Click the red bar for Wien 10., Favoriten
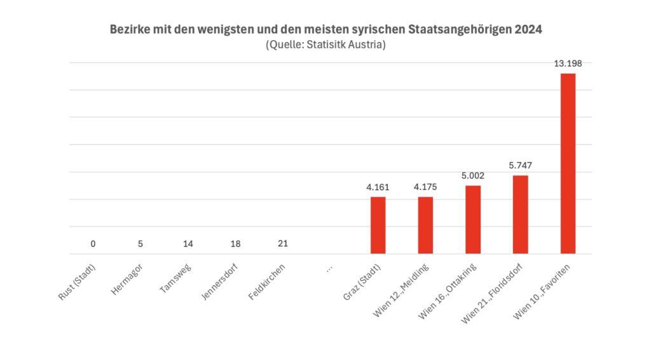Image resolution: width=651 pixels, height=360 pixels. coord(567,163)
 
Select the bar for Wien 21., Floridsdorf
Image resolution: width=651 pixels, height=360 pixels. coord(520,214)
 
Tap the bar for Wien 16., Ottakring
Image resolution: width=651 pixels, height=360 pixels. coord(473,219)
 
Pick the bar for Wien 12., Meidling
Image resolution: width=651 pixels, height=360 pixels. coord(425,225)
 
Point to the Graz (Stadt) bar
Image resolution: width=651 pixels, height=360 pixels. coord(378,225)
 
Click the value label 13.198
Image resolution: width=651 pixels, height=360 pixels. coord(568,63)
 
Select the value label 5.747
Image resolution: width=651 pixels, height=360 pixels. coord(520,165)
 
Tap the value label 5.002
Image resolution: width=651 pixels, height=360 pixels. coord(473,176)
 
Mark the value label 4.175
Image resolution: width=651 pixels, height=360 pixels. coord(425,187)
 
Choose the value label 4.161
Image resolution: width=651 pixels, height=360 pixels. coord(378,187)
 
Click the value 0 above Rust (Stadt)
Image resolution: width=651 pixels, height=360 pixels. coord(93,244)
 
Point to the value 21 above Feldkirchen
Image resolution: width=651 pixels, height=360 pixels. coord(283,244)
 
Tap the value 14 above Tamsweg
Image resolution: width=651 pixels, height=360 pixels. coord(188,244)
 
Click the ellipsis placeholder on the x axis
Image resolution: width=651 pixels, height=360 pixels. coord(329,268)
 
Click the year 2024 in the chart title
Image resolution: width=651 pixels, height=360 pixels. coord(527,30)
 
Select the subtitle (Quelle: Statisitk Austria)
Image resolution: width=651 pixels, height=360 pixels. coord(325,45)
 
